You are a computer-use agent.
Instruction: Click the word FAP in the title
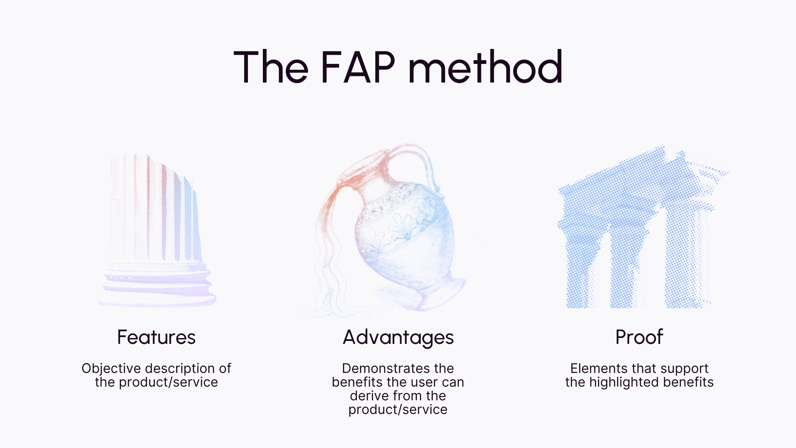point(357,67)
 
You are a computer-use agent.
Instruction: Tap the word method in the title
point(485,67)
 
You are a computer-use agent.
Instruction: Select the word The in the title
point(271,67)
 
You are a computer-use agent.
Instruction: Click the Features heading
point(156,337)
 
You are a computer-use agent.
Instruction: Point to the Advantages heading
point(398,338)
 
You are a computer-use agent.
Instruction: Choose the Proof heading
point(639,337)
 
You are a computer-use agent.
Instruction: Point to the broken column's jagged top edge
point(166,164)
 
